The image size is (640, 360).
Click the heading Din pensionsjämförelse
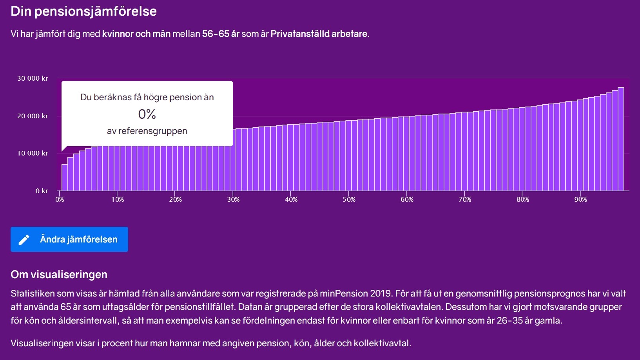point(83,11)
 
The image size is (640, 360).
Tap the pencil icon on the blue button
point(24,239)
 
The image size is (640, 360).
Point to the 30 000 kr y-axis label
point(33,78)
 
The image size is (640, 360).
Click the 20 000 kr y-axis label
point(33,116)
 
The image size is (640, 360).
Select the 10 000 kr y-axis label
point(33,153)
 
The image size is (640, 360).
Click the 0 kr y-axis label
point(42,191)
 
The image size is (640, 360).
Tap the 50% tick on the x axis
point(349,199)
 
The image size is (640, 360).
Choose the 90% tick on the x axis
point(580,199)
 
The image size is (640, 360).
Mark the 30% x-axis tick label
point(233,199)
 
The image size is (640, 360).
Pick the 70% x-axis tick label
point(465,199)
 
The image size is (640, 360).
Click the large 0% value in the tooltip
point(147,114)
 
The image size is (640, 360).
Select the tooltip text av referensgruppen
point(147,131)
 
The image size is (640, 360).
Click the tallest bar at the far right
point(621,139)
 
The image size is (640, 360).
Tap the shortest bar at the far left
point(65,177)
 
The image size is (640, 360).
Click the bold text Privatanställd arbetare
point(319,34)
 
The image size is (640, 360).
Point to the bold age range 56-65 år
point(221,34)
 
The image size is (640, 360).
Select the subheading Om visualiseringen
point(59,274)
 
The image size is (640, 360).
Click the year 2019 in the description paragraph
point(381,293)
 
